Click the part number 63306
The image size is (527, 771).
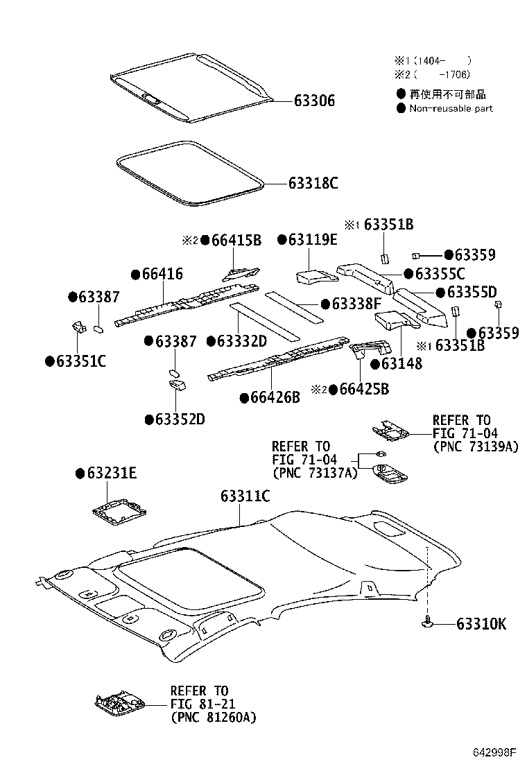(x=314, y=101)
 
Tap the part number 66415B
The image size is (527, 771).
(x=236, y=241)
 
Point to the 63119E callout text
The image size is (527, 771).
(x=313, y=240)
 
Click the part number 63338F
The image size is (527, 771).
(x=356, y=304)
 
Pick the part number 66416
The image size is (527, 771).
(x=162, y=275)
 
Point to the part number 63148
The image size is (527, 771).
(x=401, y=363)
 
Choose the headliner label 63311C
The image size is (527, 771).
(x=245, y=496)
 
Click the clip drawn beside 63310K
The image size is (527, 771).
(x=427, y=623)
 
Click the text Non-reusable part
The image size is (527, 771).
(x=451, y=108)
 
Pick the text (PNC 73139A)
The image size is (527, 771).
(x=475, y=447)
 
